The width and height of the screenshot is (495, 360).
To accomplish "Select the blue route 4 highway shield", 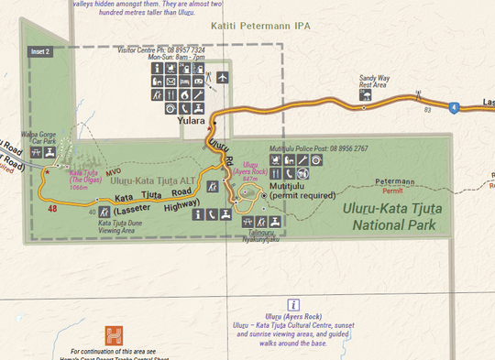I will pos(454,108).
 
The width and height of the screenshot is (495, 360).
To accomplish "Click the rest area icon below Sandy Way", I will pos(368,93).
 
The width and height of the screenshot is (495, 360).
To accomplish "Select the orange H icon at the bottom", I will pos(115,334).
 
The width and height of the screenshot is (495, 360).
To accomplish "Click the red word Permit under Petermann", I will pos(392,191).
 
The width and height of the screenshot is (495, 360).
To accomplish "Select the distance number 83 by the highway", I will pos(427,110).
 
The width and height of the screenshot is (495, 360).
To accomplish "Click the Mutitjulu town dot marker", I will pos(263,195).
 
